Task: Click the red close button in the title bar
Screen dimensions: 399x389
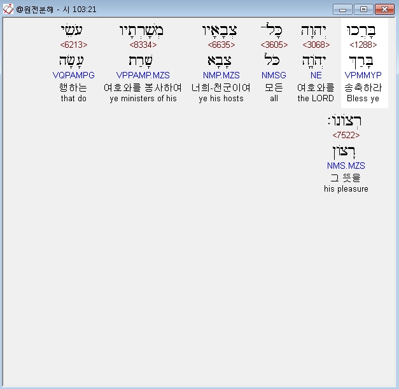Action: (x=383, y=9)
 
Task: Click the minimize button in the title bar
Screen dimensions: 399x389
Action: (x=344, y=9)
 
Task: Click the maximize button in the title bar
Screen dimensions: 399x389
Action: (x=363, y=9)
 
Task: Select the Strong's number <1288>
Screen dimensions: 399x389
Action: (x=363, y=45)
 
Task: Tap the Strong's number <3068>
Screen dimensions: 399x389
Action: (x=312, y=45)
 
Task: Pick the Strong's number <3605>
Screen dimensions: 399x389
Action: (x=274, y=45)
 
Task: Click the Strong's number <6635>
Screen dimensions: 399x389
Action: (x=221, y=45)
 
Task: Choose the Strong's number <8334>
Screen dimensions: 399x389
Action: (x=143, y=45)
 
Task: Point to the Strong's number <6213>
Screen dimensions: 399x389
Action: (x=74, y=45)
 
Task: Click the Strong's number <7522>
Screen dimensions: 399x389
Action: (x=346, y=136)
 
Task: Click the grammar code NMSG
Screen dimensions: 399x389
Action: (x=274, y=76)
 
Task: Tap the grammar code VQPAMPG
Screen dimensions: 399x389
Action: (x=74, y=76)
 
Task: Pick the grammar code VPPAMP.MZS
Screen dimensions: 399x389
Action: (x=143, y=76)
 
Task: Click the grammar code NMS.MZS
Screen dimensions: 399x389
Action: (x=346, y=166)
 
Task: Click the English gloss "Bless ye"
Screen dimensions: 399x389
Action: (x=363, y=99)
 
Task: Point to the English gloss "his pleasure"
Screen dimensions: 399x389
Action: (x=346, y=189)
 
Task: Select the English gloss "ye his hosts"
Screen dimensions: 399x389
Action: (x=221, y=99)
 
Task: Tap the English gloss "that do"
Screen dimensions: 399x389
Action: (x=74, y=99)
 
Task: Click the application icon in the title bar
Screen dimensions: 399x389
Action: (x=8, y=9)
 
